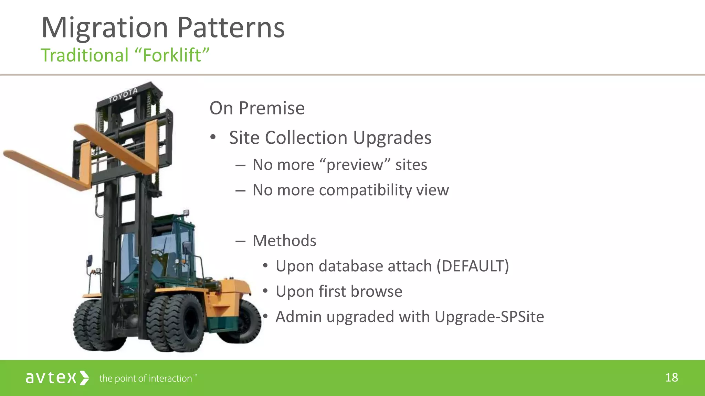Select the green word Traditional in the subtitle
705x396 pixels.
85,55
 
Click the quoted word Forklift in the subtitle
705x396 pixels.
172,55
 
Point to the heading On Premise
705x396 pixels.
257,108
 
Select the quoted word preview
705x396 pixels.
354,165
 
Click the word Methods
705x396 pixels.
284,241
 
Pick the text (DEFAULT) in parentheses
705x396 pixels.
473,266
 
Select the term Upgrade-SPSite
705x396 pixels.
489,317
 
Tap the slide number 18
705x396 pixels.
671,377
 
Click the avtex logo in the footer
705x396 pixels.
57,378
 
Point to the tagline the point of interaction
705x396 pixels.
146,378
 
